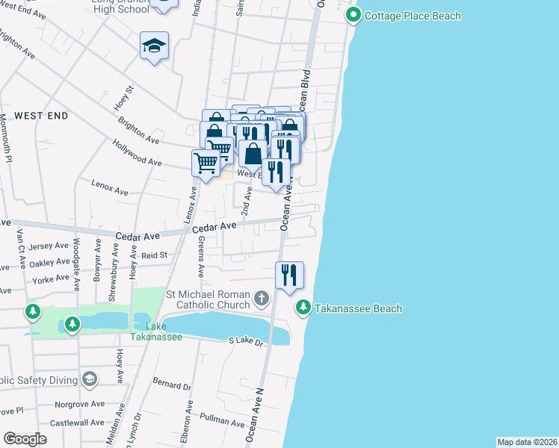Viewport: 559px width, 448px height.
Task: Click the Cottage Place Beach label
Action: click(x=413, y=16)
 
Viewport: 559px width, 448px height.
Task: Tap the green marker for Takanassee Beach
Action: click(x=303, y=307)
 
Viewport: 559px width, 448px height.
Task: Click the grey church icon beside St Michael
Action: click(x=261, y=299)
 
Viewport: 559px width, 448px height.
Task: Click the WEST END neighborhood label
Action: click(x=41, y=116)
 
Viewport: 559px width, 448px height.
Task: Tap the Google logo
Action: click(x=25, y=438)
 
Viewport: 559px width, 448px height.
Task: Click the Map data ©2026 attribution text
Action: click(x=527, y=441)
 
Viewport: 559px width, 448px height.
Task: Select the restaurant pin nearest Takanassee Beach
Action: click(x=289, y=275)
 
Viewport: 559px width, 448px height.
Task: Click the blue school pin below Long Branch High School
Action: click(x=155, y=46)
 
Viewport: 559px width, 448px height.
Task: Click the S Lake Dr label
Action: click(x=247, y=341)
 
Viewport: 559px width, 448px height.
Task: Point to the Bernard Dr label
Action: click(x=172, y=386)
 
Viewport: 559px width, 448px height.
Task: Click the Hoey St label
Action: click(x=124, y=99)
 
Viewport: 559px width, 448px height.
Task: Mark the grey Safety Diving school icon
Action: click(x=90, y=379)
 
